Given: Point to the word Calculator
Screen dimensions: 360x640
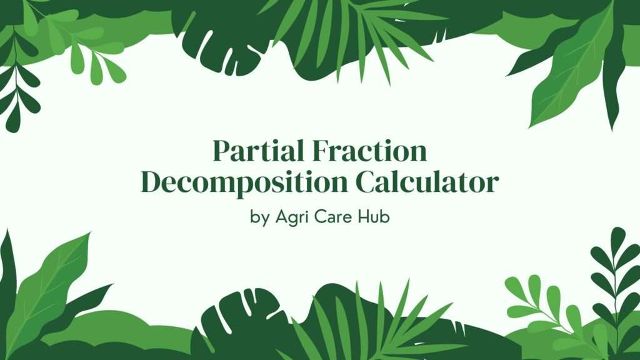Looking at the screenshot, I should (427, 182).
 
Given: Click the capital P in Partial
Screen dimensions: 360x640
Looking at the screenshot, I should (220, 152).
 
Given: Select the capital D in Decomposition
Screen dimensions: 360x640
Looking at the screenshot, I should (151, 182).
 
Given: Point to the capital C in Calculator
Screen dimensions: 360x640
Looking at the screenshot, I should (367, 182).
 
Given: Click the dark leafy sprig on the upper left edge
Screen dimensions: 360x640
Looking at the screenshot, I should (16, 87).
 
